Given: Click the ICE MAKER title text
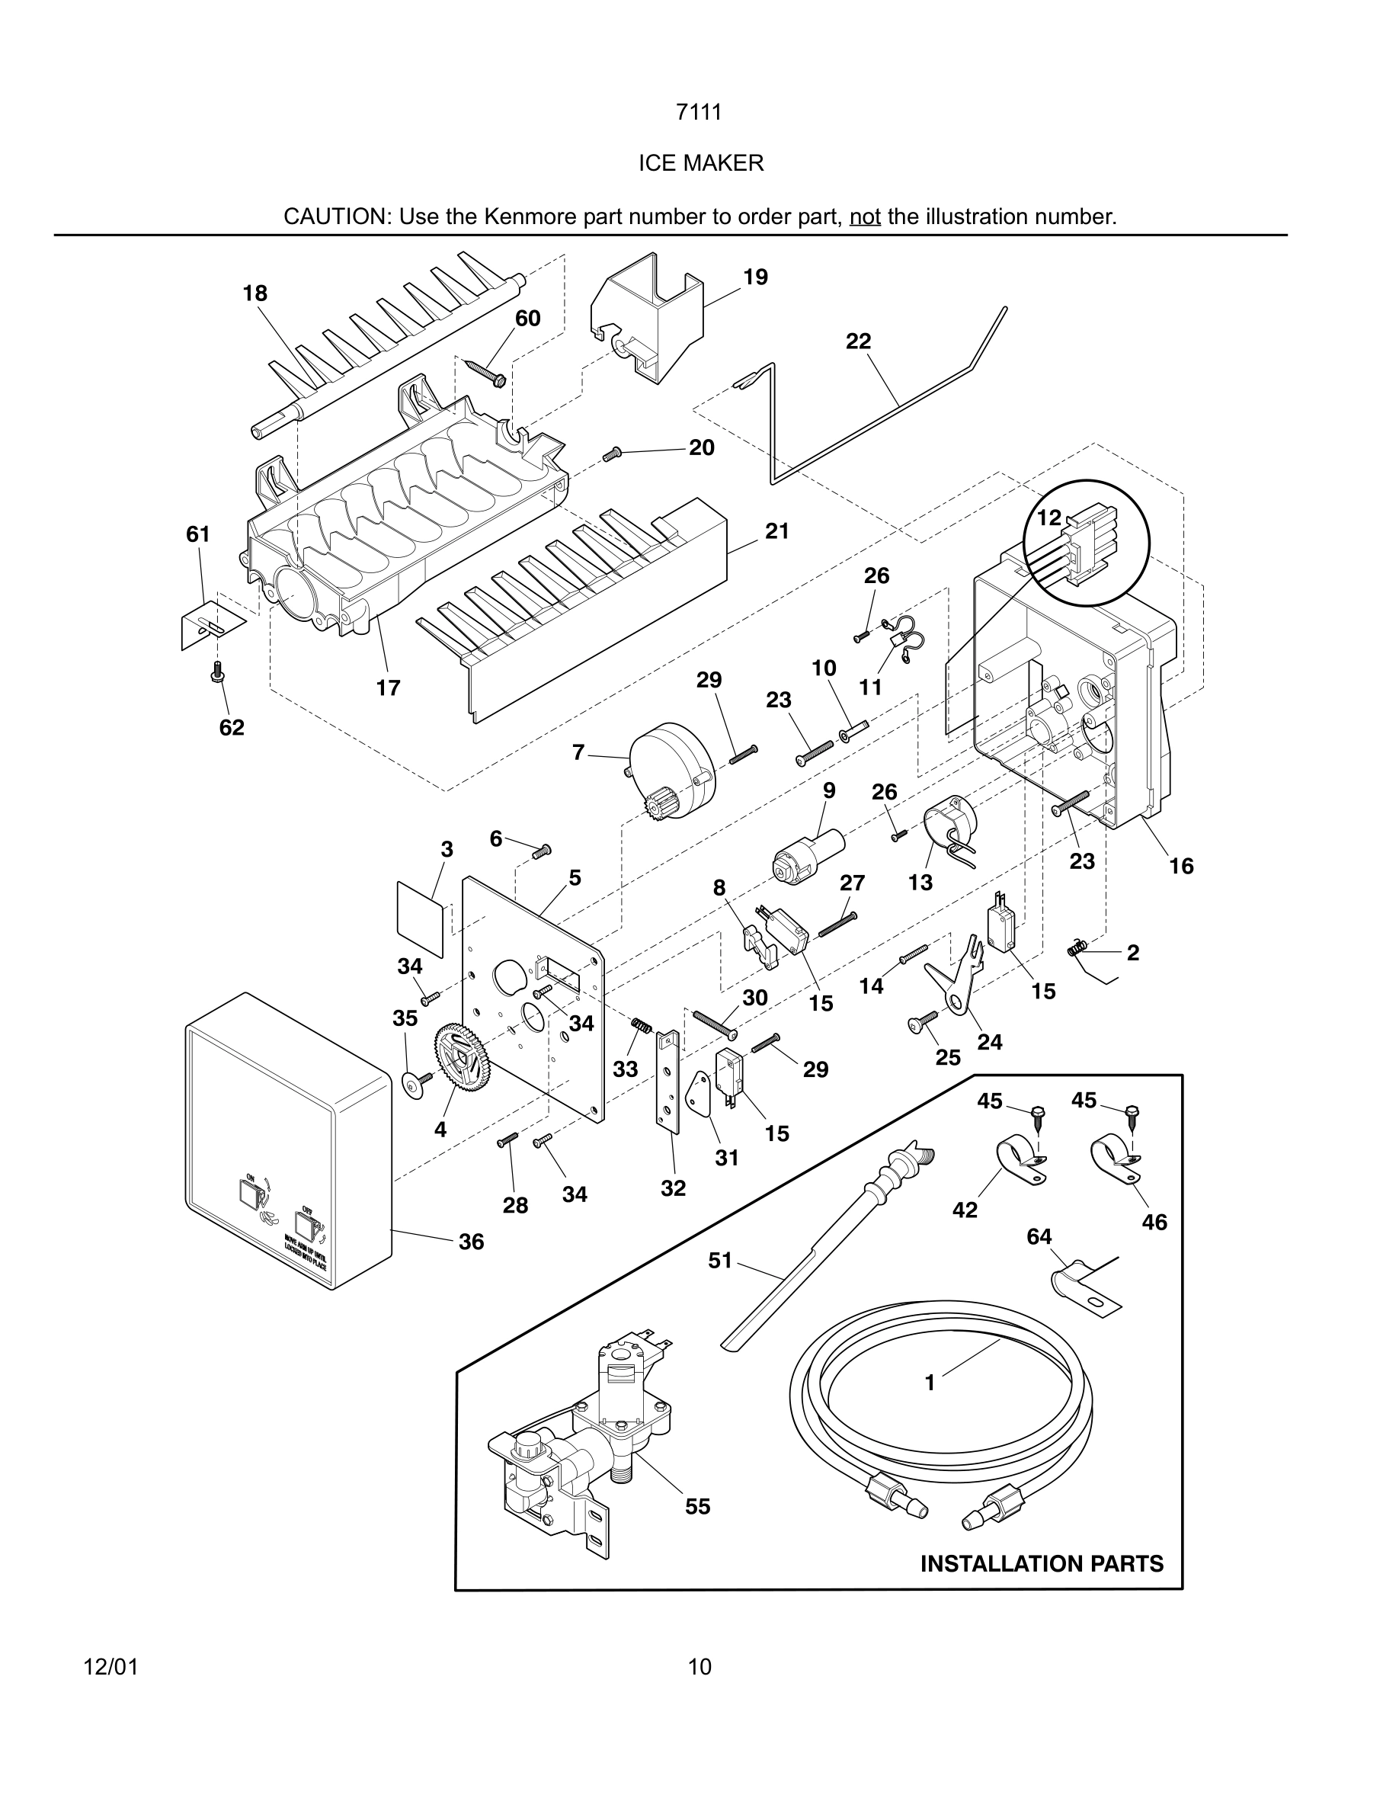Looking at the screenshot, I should click(x=700, y=163).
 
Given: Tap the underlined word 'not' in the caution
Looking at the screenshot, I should click(x=864, y=217).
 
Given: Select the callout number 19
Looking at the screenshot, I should click(x=755, y=277).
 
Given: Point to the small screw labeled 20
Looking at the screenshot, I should click(x=612, y=454).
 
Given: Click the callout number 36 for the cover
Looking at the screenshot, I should click(x=471, y=1242).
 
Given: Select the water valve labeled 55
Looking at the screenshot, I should click(x=580, y=1443).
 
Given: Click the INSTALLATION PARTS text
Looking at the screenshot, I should click(x=1041, y=1563).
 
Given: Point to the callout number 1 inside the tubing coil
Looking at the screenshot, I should click(x=929, y=1383).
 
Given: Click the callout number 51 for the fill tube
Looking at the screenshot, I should click(x=719, y=1261).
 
